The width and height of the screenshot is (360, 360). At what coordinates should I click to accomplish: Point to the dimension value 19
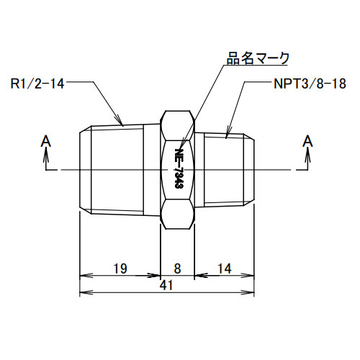pyautogui.click(x=120, y=269)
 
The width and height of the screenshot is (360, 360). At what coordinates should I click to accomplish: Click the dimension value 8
pyautogui.click(x=178, y=269)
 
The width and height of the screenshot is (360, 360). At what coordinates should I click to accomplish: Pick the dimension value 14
pyautogui.click(x=225, y=269)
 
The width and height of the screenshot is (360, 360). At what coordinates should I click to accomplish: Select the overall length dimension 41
pyautogui.click(x=166, y=286)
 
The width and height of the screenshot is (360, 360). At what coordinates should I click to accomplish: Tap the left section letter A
pyautogui.click(x=46, y=140)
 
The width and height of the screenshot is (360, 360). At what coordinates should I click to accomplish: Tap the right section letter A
pyautogui.click(x=307, y=140)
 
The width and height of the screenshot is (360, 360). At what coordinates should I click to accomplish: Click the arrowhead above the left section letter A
pyautogui.click(x=46, y=153)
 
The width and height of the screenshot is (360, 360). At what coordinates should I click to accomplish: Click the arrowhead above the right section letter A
pyautogui.click(x=307, y=153)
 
